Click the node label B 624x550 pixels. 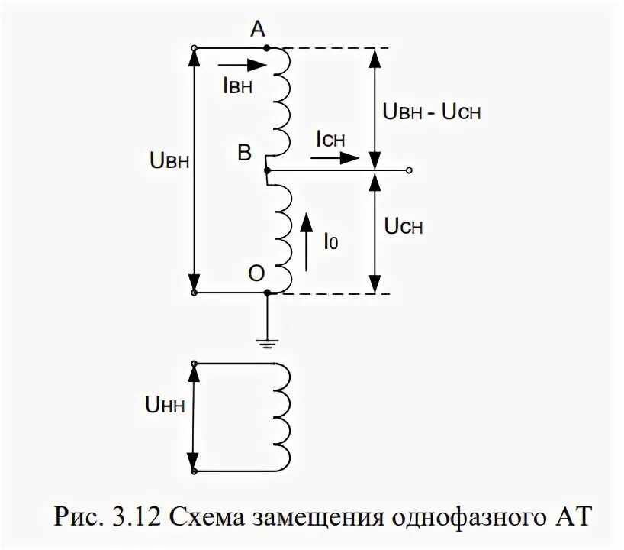point(244,154)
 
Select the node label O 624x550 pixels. point(256,272)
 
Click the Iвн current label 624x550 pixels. point(237,86)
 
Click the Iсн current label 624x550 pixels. point(330,139)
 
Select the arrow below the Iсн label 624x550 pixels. point(336,158)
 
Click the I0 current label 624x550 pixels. point(330,242)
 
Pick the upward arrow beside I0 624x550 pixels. point(306,241)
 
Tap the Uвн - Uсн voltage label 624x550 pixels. point(431,112)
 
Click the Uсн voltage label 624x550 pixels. point(404,227)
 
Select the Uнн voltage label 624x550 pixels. point(167,417)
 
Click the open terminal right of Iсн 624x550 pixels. point(410,170)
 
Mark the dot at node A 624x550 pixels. point(266,47)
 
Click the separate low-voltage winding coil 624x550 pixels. point(279,417)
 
